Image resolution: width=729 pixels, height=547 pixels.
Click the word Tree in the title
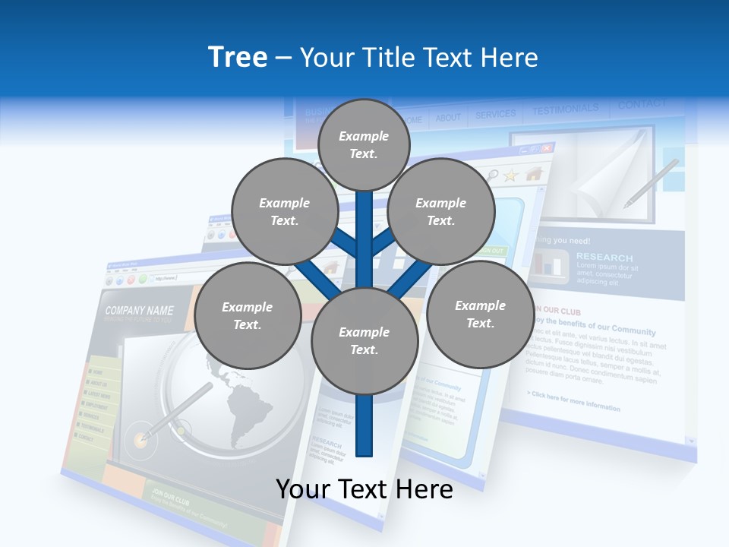pos(238,57)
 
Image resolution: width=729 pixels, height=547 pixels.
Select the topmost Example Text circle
pos(364,144)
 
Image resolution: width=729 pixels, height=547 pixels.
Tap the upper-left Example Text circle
pos(284,212)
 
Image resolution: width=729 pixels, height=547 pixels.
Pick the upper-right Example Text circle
pos(440,212)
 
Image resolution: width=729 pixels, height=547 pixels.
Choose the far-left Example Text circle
pos(247,316)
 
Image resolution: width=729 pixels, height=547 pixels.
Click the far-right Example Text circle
pos(480,314)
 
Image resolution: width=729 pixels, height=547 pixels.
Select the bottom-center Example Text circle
pos(364,341)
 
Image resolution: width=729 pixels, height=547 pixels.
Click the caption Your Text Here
pos(364,489)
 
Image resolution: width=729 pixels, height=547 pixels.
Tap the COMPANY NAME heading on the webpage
pos(139,311)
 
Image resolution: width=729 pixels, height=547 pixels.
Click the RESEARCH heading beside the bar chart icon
pos(604,258)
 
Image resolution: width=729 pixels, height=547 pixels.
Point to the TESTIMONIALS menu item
pos(565,110)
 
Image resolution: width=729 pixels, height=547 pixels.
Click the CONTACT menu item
pos(642,105)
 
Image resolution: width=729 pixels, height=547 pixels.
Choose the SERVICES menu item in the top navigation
pos(495,115)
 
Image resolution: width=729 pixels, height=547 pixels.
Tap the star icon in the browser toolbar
pos(510,175)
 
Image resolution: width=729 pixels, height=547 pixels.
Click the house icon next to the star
pos(534,173)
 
